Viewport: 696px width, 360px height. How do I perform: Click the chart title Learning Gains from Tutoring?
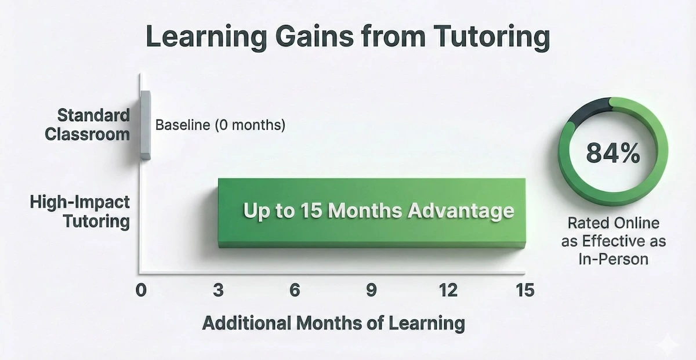(x=348, y=38)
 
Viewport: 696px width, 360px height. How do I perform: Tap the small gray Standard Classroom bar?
(x=145, y=124)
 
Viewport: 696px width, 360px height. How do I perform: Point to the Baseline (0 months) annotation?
(x=220, y=125)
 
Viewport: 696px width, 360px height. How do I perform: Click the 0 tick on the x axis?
(x=141, y=290)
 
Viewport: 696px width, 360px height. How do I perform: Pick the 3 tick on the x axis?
(x=218, y=290)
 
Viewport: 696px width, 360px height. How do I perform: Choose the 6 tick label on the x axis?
(x=295, y=290)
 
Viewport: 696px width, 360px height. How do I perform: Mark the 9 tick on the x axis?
(x=372, y=290)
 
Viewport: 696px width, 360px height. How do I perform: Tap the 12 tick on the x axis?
(x=448, y=290)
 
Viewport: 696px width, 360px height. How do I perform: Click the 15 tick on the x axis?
(x=524, y=290)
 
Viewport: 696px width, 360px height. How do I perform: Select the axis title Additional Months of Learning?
(x=333, y=322)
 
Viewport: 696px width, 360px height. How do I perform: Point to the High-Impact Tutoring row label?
(x=80, y=212)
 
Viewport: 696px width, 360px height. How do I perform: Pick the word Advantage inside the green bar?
(x=461, y=211)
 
